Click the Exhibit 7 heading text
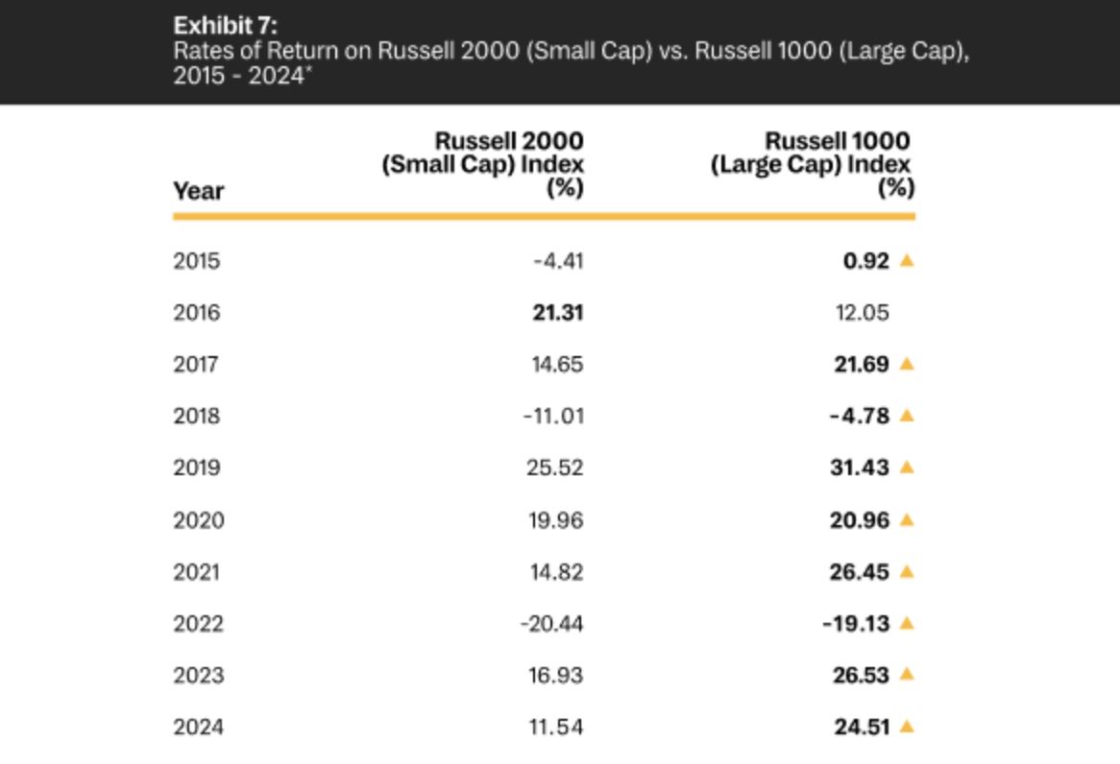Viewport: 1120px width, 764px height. (x=225, y=25)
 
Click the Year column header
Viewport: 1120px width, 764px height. (x=198, y=191)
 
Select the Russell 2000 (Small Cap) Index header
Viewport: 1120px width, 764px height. (x=483, y=164)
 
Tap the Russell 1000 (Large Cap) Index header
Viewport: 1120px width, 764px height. (x=813, y=164)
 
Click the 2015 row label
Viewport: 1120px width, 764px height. (x=196, y=261)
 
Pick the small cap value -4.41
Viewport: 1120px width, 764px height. (x=558, y=261)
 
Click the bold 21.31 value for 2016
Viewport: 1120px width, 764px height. (x=557, y=313)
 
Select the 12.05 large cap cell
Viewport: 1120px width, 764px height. (x=862, y=313)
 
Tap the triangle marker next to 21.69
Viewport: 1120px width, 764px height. (x=906, y=364)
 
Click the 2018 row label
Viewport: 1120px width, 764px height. (x=196, y=417)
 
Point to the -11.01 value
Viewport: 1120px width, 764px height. (x=553, y=417)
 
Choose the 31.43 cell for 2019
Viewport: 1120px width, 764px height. (x=860, y=468)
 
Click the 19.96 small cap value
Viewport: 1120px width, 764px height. (x=557, y=520)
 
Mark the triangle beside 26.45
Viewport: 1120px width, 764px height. (x=906, y=571)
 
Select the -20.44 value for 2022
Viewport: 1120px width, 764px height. (x=551, y=624)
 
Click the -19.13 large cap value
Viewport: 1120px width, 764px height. (x=856, y=624)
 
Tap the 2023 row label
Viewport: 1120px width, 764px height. (x=198, y=676)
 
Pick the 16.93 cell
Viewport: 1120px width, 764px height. (x=557, y=676)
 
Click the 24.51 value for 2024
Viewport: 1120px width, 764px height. (x=862, y=728)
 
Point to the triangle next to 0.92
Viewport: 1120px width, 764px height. (x=906, y=260)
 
